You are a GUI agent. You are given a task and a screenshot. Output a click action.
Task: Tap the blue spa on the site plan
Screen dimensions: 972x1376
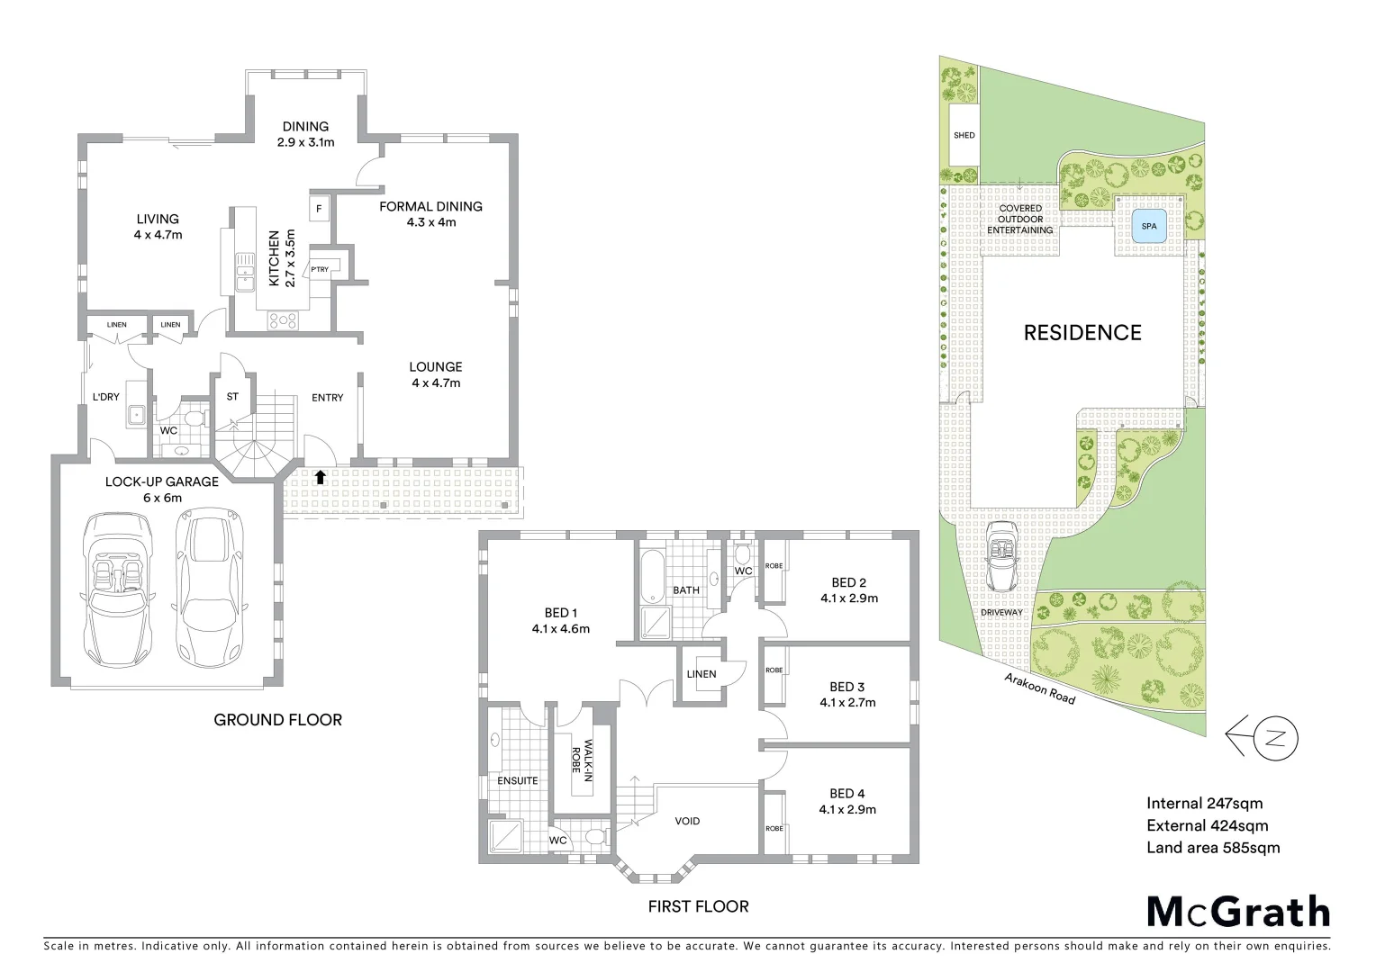pos(1149,226)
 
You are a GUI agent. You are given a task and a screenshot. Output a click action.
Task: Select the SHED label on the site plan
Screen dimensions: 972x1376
pos(964,135)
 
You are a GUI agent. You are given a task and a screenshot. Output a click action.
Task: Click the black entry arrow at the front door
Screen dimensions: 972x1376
pos(320,477)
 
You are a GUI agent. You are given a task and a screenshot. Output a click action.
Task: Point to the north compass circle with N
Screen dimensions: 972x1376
pos(1275,739)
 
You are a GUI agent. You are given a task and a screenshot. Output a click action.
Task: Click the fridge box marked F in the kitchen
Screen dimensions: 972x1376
pos(319,210)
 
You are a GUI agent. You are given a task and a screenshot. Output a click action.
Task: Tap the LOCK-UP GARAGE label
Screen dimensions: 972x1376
pos(162,481)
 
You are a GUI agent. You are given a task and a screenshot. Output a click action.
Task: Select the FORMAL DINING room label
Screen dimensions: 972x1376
pos(430,206)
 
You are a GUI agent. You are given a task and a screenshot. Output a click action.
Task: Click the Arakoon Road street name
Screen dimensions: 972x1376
pos(1040,688)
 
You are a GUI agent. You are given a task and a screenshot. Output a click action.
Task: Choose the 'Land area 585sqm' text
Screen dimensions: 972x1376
pos(1212,847)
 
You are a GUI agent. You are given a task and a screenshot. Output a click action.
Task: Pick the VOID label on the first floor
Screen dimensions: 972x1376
pos(687,821)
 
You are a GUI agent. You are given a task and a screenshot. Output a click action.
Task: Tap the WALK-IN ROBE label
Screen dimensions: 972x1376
pos(582,760)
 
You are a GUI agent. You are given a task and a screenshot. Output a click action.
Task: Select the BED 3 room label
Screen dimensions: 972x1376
pos(846,687)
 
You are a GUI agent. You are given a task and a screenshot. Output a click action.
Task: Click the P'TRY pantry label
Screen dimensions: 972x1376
pos(320,269)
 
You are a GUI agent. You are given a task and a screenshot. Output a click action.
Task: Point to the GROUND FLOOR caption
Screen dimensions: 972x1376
pos(277,719)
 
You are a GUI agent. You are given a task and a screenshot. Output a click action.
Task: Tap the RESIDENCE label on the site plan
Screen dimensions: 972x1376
pos(1082,333)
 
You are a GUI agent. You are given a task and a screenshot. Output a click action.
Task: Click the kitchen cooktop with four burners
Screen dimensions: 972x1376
pos(283,319)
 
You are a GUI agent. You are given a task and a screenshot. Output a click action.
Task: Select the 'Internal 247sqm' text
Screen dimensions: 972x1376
pos(1204,804)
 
